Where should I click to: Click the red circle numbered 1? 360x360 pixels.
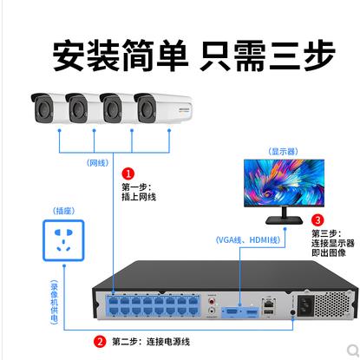click(128, 173)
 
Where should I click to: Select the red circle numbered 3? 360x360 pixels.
click(317, 219)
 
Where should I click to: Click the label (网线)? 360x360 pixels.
click(97, 162)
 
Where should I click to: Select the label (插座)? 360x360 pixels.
click(63, 210)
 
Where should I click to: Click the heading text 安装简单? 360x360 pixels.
click(120, 56)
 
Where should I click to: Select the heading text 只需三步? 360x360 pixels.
click(267, 56)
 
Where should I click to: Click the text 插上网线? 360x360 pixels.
click(139, 197)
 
